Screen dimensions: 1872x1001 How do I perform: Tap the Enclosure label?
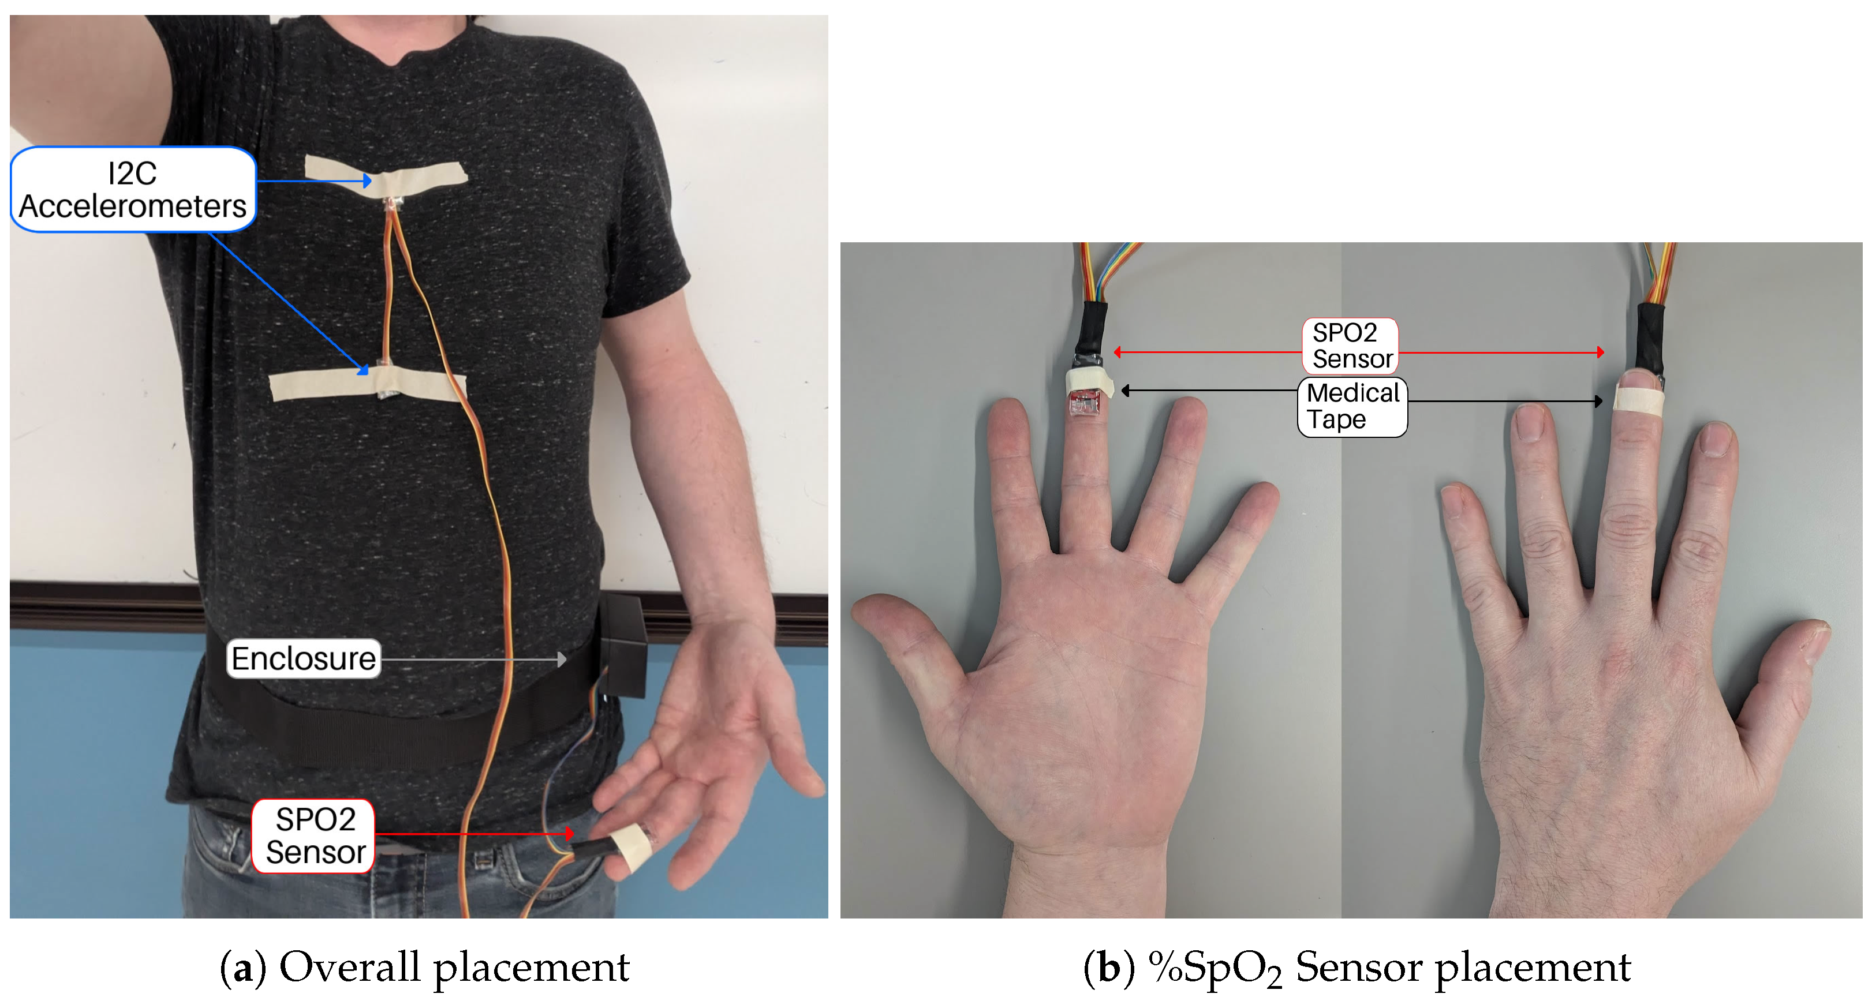pos(303,658)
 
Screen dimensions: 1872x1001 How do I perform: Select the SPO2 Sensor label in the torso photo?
pos(314,835)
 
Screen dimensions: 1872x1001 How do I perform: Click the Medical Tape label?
pos(1352,406)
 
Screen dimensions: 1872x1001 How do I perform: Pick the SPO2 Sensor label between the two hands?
pos(1350,346)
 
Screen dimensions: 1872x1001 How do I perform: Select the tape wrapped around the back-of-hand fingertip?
pos(1638,400)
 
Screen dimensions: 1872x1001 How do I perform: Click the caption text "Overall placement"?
pos(454,967)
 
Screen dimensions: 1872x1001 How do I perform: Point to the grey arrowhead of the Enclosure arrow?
pos(562,659)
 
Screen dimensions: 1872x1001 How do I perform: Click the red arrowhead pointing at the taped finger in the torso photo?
pos(570,833)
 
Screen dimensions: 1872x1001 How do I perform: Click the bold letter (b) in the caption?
pos(1109,967)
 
